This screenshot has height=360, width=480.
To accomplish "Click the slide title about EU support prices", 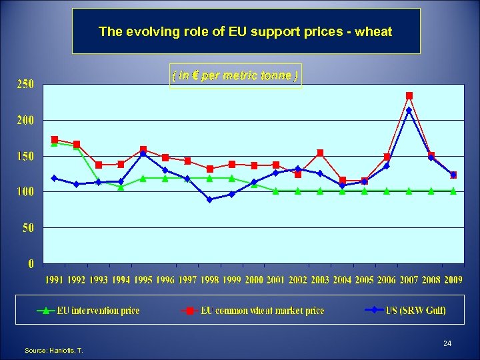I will tap(245, 31).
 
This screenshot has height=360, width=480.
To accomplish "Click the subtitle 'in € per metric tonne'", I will tap(235, 76).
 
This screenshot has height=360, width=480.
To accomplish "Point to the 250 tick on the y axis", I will tap(25, 84).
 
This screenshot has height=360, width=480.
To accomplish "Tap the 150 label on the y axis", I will tap(25, 156).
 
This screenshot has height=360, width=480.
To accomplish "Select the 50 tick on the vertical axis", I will tap(28, 228).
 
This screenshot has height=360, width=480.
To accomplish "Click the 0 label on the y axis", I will tap(31, 264).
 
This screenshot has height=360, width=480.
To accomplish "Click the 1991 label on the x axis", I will tap(55, 280).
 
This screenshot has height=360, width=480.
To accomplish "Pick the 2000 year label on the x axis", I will tap(253, 280).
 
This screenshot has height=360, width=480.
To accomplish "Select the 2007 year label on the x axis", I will tap(409, 280).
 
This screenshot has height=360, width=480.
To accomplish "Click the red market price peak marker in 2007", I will tap(409, 96).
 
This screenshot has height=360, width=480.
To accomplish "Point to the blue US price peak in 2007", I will tap(409, 111).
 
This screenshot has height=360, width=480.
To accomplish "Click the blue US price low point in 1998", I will tap(209, 199).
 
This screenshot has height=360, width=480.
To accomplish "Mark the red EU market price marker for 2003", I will tap(320, 153).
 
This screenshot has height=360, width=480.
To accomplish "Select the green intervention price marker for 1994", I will tap(121, 187).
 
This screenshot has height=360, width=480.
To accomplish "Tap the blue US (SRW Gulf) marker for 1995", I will tap(143, 154).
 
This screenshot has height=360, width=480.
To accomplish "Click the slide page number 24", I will tap(447, 343).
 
